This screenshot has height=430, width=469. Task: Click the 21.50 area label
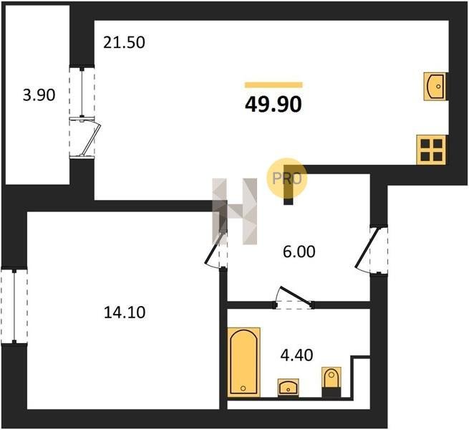click(124, 42)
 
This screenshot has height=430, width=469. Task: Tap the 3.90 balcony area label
click(39, 95)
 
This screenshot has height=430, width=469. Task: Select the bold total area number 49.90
click(274, 105)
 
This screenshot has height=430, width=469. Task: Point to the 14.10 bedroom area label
click(125, 312)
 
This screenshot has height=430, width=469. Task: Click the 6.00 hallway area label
click(299, 252)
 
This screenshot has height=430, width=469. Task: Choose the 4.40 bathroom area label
click(296, 355)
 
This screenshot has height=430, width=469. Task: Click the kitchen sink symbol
click(435, 87)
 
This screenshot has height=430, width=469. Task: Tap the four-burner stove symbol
click(431, 150)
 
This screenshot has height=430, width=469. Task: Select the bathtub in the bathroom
click(243, 363)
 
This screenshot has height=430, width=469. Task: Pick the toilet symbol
click(332, 382)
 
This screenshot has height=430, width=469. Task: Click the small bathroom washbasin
click(288, 388)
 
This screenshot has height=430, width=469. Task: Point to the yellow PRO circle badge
click(287, 178)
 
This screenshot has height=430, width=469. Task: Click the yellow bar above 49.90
click(274, 85)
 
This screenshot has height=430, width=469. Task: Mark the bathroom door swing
click(294, 297)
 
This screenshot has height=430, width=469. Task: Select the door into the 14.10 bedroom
click(216, 249)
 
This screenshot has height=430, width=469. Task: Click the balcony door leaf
click(91, 137)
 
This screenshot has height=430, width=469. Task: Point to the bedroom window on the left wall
click(14, 305)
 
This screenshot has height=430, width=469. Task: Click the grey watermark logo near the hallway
click(235, 211)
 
